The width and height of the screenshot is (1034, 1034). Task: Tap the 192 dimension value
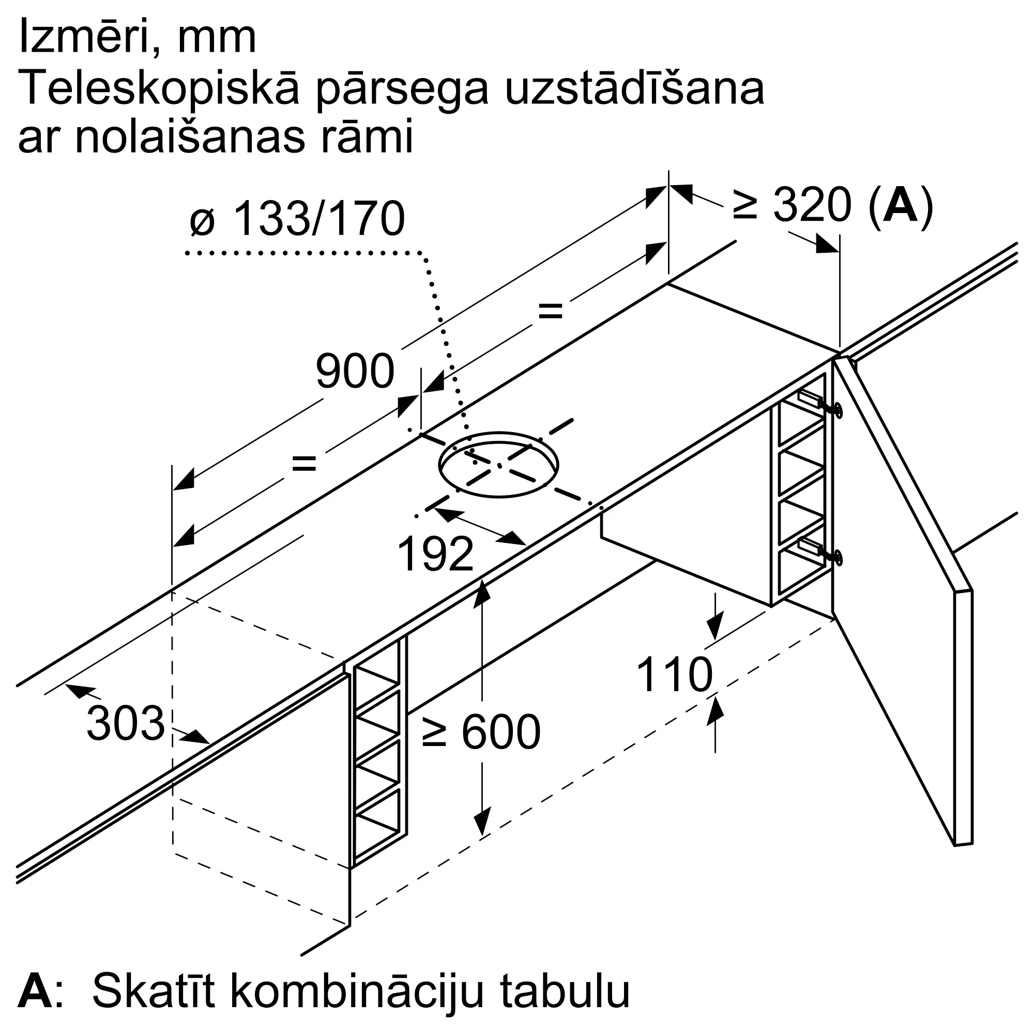tap(436, 554)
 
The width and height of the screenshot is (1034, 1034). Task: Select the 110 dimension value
tap(674, 675)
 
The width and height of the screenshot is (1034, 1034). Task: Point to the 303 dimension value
tap(125, 724)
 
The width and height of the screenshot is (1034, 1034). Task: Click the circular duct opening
tap(498, 465)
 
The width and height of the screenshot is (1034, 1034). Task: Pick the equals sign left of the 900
tap(304, 463)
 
